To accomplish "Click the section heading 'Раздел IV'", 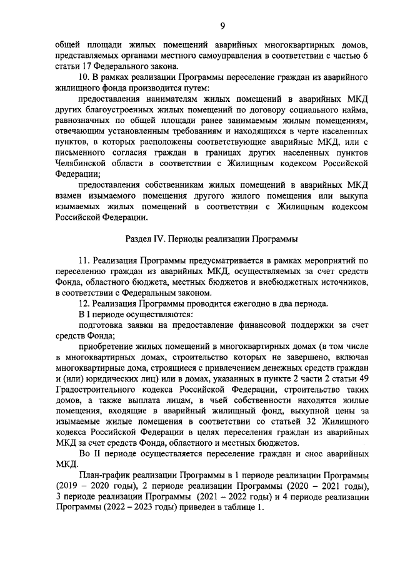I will click(x=146, y=238).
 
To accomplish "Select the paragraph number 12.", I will click(x=83, y=303).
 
